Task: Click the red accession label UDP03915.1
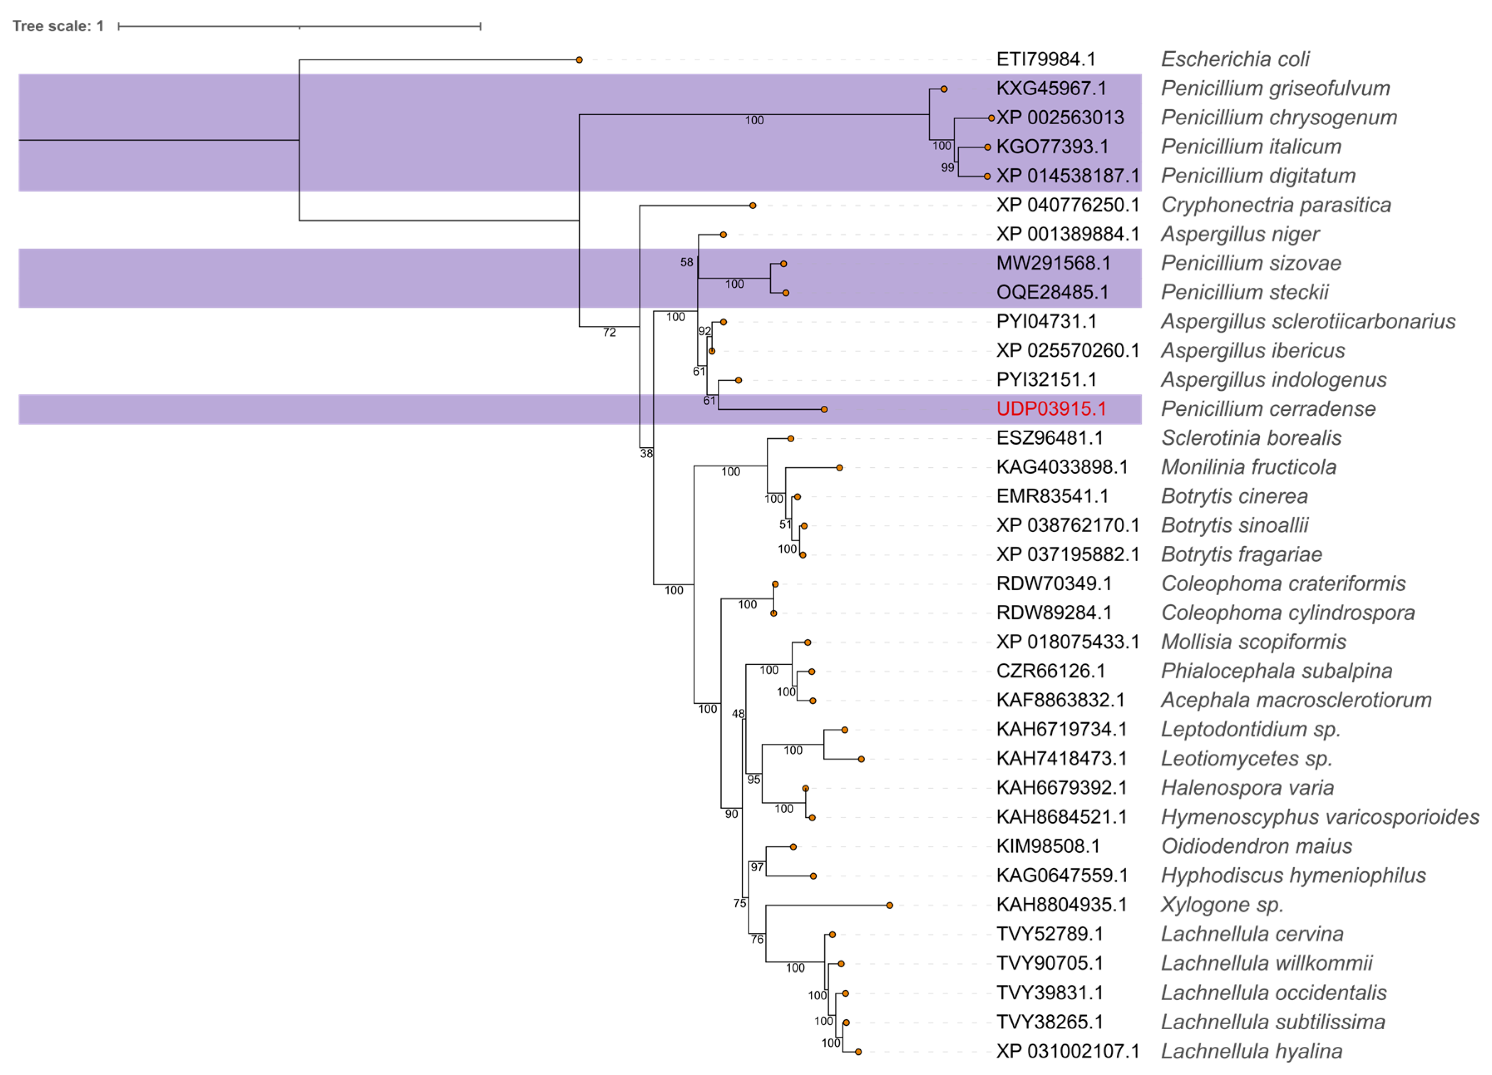(x=1051, y=409)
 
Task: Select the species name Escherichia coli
(x=1235, y=59)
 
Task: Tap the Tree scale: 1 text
(x=58, y=26)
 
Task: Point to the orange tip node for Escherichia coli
(x=579, y=60)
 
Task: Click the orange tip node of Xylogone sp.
(x=889, y=905)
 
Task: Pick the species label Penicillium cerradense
(x=1268, y=409)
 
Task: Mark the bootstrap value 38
(x=647, y=453)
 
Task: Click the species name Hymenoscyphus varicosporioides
(x=1320, y=817)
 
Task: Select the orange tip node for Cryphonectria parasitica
(x=753, y=205)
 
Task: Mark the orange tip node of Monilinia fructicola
(x=840, y=468)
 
